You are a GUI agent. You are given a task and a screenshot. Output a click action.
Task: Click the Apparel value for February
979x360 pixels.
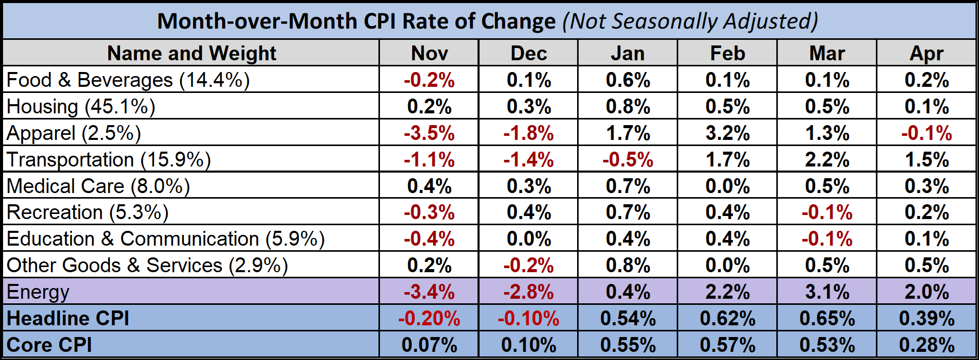click(727, 133)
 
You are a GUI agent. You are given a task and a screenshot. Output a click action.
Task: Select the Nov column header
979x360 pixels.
click(429, 53)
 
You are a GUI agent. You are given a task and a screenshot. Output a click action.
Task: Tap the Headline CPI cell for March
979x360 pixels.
click(827, 318)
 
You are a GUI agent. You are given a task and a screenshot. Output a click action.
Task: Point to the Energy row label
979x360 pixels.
click(38, 292)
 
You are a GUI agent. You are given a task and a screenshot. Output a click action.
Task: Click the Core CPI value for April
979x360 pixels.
click(926, 345)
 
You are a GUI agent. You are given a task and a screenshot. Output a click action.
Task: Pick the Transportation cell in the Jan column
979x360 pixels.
click(628, 160)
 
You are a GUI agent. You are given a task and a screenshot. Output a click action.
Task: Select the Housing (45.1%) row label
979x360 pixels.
click(81, 107)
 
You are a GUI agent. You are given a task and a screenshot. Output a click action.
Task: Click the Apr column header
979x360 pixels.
click(926, 53)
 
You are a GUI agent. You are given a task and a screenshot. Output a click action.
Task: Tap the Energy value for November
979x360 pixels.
click(429, 292)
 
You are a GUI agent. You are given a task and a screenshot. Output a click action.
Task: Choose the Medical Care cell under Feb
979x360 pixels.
click(727, 186)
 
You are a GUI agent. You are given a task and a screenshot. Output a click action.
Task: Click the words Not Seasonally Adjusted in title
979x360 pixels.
click(690, 21)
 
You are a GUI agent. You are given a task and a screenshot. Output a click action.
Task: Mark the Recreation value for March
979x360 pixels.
click(827, 212)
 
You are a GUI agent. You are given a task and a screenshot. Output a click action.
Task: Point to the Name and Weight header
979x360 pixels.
click(192, 53)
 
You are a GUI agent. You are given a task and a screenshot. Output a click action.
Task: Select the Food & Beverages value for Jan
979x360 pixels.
click(628, 80)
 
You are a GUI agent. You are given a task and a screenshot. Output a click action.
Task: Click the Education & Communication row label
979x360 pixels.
click(165, 239)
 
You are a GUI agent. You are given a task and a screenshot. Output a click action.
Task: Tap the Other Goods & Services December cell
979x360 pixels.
click(529, 266)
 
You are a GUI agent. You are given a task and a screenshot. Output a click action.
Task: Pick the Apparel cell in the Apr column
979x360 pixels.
click(926, 133)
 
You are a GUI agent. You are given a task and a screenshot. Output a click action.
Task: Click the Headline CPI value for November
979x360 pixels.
click(429, 318)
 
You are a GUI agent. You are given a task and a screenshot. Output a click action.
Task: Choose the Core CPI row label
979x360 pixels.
click(49, 345)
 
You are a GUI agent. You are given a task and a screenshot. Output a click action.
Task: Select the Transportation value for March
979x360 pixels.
click(827, 160)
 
